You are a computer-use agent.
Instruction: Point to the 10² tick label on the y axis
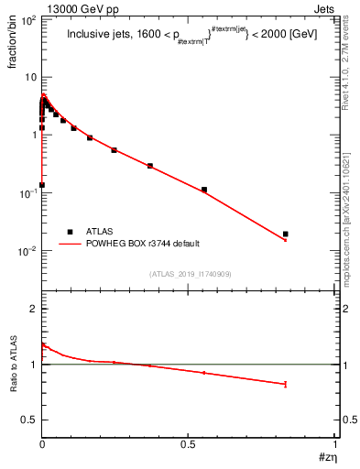click(27, 19)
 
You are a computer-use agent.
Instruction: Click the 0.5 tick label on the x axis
click(188, 442)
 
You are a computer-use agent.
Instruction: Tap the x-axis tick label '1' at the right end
click(335, 442)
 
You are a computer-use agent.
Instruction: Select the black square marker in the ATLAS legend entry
click(70, 232)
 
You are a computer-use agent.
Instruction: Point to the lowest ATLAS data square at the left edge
click(42, 185)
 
